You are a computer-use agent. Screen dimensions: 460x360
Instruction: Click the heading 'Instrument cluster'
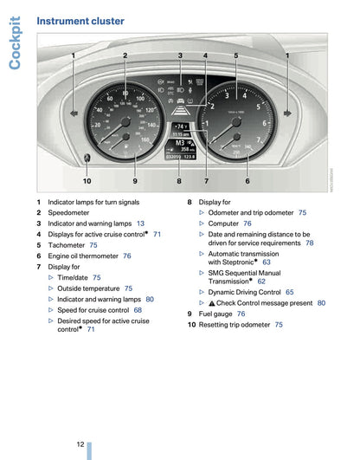tap(80, 21)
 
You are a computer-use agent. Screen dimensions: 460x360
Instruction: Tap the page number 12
tap(80, 442)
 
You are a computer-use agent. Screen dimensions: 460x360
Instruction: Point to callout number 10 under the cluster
tap(87, 180)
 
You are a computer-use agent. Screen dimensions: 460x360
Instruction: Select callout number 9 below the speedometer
tap(135, 180)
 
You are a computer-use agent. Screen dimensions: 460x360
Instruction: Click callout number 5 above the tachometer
tap(235, 55)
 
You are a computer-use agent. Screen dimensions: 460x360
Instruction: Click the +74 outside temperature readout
tap(180, 126)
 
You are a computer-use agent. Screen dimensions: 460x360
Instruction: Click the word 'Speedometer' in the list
tap(68, 212)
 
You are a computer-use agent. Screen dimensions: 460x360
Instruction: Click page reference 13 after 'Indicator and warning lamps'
tap(140, 224)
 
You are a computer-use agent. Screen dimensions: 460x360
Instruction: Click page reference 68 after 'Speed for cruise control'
tap(138, 309)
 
